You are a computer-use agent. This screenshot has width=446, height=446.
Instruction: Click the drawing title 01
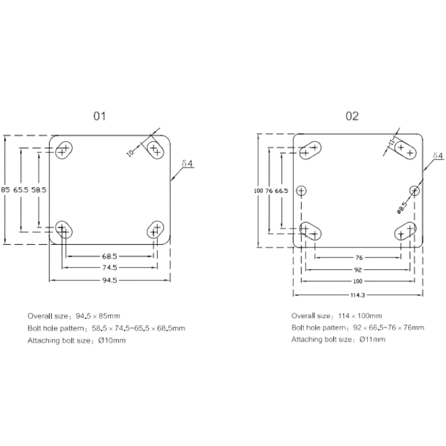point(100,116)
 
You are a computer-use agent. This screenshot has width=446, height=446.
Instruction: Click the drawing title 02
point(352,116)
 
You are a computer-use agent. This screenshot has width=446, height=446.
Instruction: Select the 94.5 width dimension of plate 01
point(109,280)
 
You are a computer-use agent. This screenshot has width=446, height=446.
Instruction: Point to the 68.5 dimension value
point(109,256)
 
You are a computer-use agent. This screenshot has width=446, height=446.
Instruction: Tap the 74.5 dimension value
point(109,268)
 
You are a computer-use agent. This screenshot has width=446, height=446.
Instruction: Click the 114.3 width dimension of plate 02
point(357,295)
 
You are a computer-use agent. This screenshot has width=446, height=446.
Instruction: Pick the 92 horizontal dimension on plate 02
point(357,270)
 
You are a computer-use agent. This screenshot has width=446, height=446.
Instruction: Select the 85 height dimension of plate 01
point(6,190)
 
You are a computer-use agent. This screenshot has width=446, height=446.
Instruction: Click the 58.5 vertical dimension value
point(38,190)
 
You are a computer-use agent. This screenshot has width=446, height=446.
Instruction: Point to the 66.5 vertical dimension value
point(282,191)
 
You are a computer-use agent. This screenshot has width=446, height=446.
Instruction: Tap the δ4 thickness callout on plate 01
point(187,163)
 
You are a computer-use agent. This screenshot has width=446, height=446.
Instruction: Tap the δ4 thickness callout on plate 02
point(438,156)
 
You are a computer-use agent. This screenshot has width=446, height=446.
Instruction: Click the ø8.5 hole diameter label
point(402,207)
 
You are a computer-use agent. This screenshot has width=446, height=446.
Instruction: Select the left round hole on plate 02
point(301,191)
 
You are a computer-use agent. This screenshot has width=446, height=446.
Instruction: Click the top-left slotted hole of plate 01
point(64,149)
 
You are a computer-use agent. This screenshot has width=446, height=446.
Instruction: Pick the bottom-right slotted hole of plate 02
point(405,231)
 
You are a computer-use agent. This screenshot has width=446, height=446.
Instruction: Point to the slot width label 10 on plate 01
point(130,153)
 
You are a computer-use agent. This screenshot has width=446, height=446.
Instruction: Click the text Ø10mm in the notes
point(112,341)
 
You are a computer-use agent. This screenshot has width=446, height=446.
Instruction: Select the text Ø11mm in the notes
point(372,340)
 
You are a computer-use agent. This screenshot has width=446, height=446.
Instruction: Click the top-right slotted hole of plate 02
point(405,150)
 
